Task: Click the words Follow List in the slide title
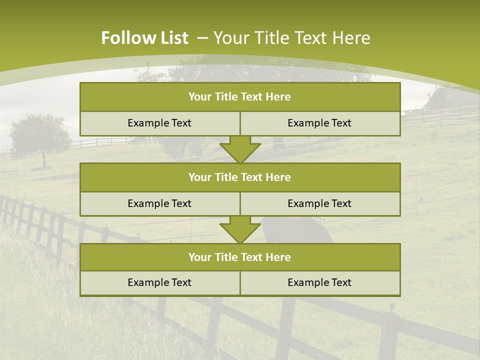click(x=144, y=38)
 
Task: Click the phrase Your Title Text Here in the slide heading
click(x=292, y=38)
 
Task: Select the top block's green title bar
click(x=240, y=97)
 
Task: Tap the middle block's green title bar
click(x=240, y=177)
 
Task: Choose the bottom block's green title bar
click(x=240, y=257)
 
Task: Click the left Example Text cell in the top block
click(x=159, y=123)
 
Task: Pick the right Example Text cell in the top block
click(x=319, y=123)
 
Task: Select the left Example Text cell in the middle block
click(x=159, y=203)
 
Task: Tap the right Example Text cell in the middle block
click(x=319, y=203)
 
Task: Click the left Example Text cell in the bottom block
click(x=159, y=283)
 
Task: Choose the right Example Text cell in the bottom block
click(x=319, y=283)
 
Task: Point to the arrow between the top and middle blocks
click(x=240, y=149)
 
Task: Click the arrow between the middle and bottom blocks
click(x=240, y=230)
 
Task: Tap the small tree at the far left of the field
click(x=40, y=135)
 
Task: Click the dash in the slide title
click(x=202, y=38)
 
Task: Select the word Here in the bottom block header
click(x=278, y=257)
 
